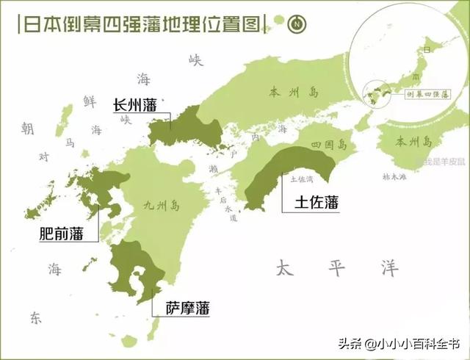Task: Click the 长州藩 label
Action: [135, 105]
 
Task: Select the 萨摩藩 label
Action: [187, 309]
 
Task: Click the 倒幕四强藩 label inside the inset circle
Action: [426, 94]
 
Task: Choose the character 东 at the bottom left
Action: [36, 317]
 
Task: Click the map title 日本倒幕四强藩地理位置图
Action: [140, 24]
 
